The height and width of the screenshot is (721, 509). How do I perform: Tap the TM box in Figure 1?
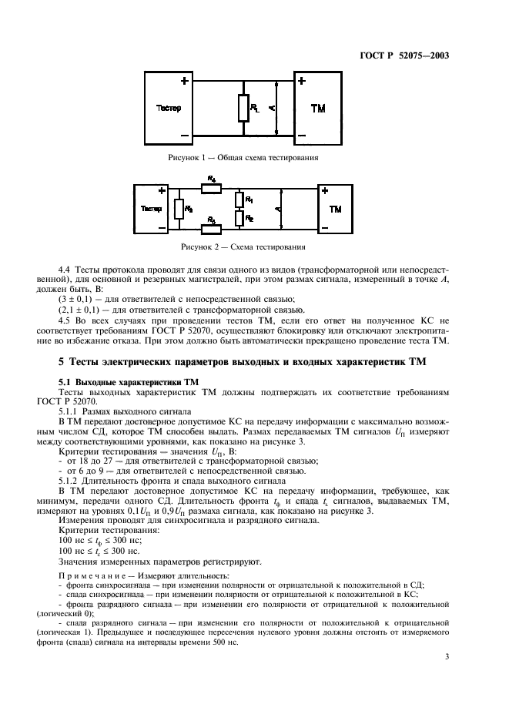(318, 108)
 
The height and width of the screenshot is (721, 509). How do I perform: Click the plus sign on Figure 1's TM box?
(301, 81)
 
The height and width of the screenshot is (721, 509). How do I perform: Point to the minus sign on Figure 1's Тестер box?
(184, 136)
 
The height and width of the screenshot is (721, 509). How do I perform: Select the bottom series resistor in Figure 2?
(212, 229)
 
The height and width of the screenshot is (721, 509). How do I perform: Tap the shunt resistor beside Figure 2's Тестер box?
(179, 208)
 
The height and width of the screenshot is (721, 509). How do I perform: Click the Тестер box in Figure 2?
(151, 208)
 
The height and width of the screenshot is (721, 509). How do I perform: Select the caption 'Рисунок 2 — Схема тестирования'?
(243, 247)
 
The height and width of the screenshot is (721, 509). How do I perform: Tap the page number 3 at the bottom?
(447, 656)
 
